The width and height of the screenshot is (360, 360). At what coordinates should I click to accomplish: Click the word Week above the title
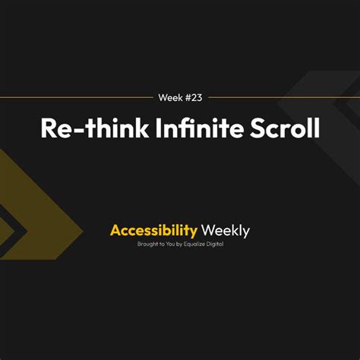point(170,97)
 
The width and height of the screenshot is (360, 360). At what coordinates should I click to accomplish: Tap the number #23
point(194,97)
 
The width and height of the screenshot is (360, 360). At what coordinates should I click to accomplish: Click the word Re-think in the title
point(95,128)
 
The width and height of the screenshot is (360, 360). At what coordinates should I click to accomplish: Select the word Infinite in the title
point(200,128)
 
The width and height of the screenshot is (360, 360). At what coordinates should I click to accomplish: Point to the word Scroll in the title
point(285,128)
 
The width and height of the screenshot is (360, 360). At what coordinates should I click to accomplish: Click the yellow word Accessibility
point(153,231)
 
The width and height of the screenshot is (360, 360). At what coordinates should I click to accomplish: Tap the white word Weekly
point(226,231)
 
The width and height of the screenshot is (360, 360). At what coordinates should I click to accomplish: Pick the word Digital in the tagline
point(215,245)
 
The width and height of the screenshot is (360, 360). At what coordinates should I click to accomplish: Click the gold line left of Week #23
point(77,97)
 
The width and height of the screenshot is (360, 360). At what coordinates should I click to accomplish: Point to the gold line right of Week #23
point(284,97)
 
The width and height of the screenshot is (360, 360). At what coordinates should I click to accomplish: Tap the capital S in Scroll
point(258,128)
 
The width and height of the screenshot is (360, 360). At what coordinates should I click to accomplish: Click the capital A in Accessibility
point(115,230)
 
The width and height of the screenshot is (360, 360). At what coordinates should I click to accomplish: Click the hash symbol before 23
point(188,97)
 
